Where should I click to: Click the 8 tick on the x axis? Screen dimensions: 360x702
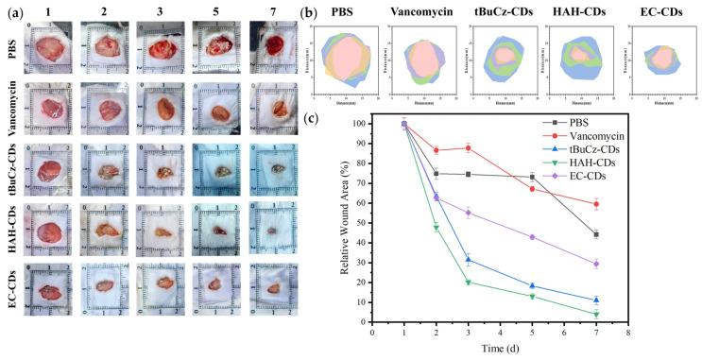pos(627,334)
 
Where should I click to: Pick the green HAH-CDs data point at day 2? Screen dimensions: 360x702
pos(437,228)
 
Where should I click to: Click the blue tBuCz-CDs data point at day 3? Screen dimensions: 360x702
pos(469,260)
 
